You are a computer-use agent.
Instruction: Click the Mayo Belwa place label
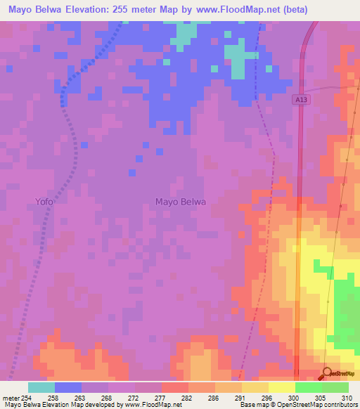[x=180, y=202]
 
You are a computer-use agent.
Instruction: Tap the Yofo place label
[x=44, y=202]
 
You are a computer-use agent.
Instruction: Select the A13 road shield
[x=300, y=100]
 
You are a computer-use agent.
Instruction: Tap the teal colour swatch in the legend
[x=41, y=387]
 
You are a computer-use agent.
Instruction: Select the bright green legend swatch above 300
[x=309, y=387]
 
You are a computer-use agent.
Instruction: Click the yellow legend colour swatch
[x=282, y=387]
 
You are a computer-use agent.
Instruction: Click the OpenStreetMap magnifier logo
[x=328, y=374]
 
